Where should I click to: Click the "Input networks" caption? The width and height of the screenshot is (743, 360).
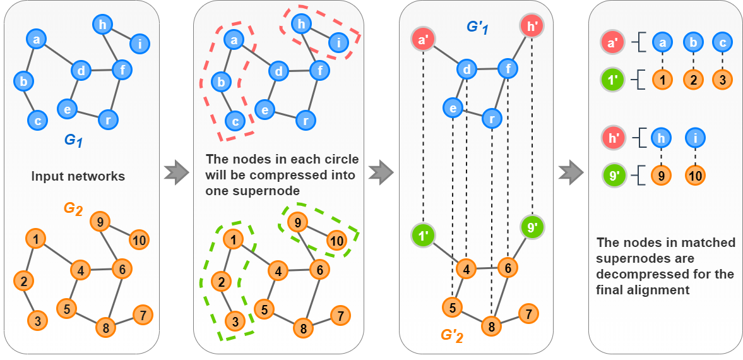click(78, 176)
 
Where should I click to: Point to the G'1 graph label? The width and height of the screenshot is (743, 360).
click(478, 27)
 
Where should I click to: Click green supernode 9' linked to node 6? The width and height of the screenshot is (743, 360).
click(532, 225)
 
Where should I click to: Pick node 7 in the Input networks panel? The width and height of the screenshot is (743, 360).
click(143, 315)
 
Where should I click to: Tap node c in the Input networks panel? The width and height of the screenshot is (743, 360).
click(38, 119)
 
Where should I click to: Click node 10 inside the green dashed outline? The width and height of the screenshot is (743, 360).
click(336, 240)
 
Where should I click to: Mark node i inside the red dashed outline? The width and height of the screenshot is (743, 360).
click(338, 44)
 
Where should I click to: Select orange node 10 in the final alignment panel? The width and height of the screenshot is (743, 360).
click(694, 176)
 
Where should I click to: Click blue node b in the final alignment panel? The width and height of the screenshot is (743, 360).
click(693, 42)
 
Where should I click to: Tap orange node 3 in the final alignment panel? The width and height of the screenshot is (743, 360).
click(722, 80)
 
